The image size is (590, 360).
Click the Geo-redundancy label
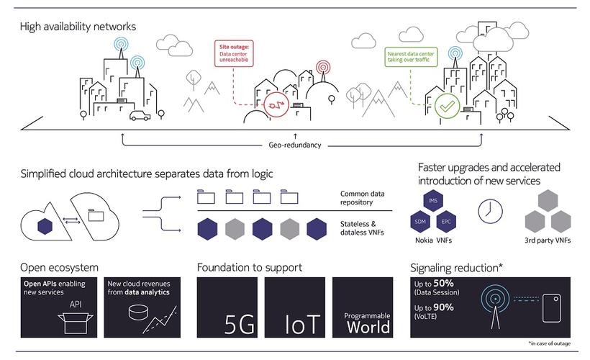click(x=296, y=145)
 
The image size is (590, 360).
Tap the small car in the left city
click(x=139, y=114)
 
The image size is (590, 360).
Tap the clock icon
click(x=490, y=210)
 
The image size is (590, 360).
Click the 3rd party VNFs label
click(x=548, y=240)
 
